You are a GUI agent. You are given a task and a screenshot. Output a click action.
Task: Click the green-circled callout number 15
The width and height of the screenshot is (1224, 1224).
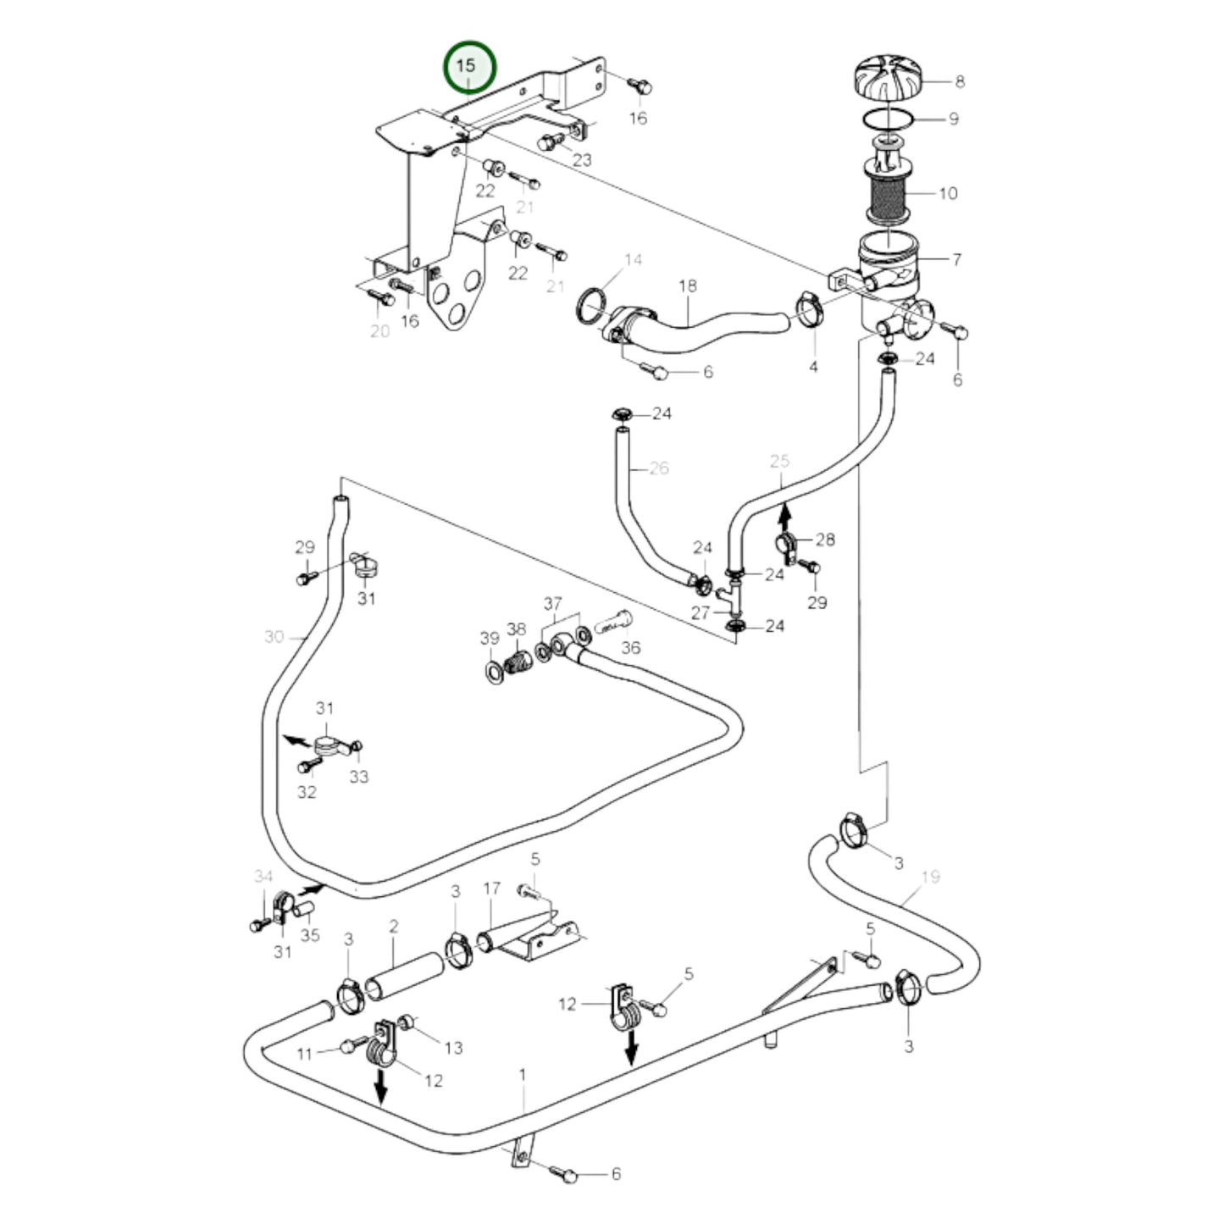(469, 66)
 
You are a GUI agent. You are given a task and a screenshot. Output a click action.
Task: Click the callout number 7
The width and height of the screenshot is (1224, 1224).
(955, 259)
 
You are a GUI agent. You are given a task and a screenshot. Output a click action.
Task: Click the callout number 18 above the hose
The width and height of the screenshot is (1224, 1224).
(687, 285)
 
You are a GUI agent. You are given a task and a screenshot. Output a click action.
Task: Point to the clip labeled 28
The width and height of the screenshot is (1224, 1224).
(785, 543)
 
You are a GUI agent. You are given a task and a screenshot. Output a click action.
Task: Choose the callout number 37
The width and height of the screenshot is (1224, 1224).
(552, 604)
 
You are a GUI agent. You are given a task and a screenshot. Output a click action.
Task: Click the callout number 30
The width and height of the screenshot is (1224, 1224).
(274, 636)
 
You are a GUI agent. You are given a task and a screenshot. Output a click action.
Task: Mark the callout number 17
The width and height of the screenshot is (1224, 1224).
(492, 889)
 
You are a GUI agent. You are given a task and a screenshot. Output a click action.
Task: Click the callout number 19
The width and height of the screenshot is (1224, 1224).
(930, 877)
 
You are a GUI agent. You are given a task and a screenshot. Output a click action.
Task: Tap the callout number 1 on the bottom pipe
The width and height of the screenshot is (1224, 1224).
(523, 1074)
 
